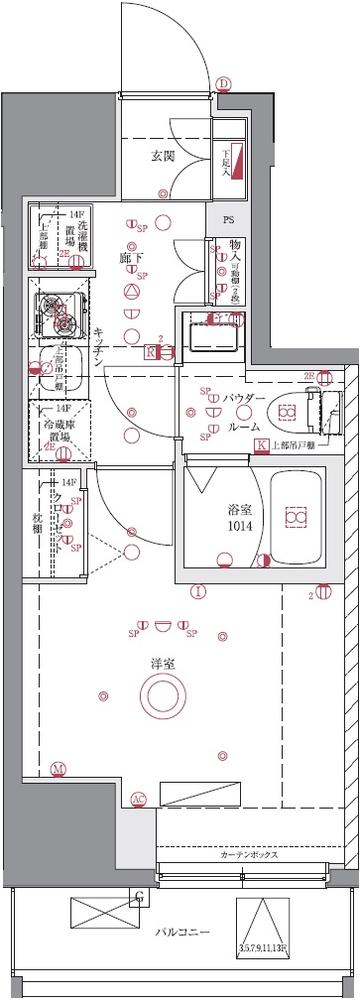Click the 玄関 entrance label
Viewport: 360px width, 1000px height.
(163, 156)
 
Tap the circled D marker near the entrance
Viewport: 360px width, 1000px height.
(224, 84)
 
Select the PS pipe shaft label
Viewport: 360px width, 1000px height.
(228, 219)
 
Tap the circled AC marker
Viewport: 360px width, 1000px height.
(139, 798)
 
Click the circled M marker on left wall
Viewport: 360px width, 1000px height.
(59, 769)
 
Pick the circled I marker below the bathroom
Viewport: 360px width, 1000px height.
(198, 593)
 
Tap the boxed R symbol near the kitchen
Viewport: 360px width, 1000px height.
(151, 351)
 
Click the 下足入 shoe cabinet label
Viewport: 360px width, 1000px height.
(227, 161)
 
